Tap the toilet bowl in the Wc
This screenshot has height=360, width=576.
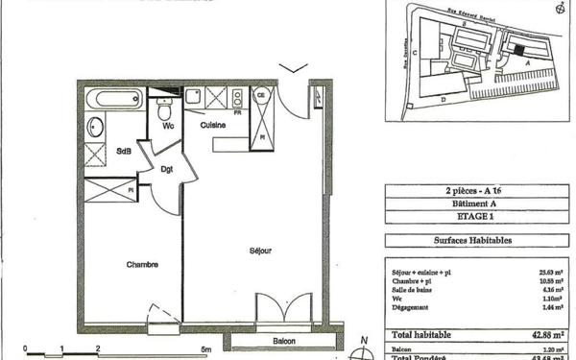pos(164,112)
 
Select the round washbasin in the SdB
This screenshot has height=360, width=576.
pos(95,125)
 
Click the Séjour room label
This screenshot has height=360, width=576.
pos(259,251)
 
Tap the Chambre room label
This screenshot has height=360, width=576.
pos(140,264)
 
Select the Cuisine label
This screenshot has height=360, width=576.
pos(213,126)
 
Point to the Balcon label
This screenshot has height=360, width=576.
pos(282,341)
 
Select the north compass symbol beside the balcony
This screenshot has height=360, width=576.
pos(362,348)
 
